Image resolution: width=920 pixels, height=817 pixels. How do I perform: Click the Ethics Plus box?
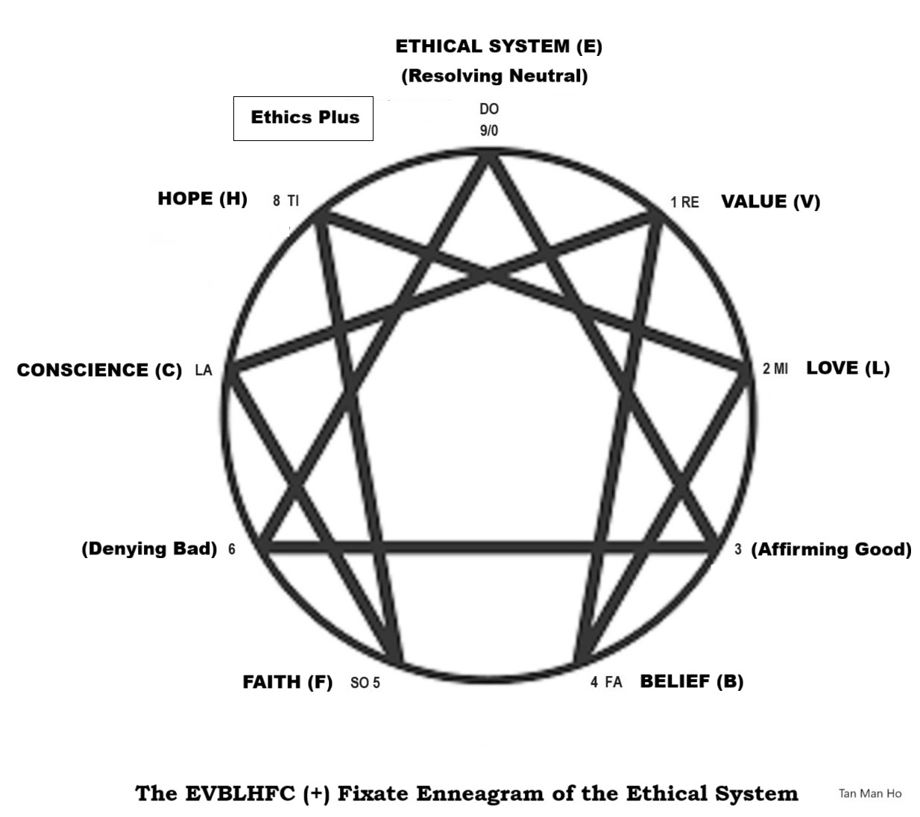(303, 118)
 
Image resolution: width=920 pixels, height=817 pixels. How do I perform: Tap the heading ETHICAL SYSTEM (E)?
(498, 46)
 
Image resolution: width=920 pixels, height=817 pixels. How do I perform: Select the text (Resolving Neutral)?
(494, 75)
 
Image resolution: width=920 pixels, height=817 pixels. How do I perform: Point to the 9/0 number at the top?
(488, 131)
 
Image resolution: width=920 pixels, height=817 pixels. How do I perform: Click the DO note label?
(488, 109)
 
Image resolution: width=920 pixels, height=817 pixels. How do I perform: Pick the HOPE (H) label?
(202, 198)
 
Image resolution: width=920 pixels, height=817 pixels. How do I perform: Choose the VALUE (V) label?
(770, 201)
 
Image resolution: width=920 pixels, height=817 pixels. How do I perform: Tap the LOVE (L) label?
(848, 368)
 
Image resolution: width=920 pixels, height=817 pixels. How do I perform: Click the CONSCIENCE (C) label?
(99, 370)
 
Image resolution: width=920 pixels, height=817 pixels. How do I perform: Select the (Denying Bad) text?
(149, 548)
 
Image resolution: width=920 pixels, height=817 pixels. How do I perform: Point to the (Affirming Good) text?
(831, 549)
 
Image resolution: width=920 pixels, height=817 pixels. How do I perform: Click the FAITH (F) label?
(287, 682)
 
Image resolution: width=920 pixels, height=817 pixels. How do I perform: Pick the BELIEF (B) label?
(691, 681)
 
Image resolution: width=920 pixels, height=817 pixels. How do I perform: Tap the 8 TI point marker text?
(286, 201)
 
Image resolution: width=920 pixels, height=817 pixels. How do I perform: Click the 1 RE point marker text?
(684, 202)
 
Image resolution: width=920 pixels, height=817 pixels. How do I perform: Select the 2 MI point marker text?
(775, 369)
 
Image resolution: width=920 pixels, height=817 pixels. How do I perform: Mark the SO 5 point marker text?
(365, 683)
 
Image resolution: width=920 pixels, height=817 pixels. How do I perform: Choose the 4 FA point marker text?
(605, 682)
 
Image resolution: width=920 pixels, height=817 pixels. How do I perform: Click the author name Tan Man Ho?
(869, 793)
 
